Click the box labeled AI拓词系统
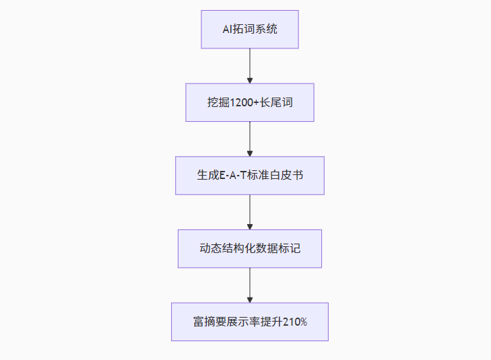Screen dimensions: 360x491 [x=250, y=29]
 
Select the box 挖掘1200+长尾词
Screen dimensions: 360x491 [x=250, y=102]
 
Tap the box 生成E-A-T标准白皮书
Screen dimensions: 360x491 [x=250, y=176]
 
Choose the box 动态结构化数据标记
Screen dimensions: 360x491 [x=250, y=248]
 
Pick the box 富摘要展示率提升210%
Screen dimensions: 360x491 [x=250, y=322]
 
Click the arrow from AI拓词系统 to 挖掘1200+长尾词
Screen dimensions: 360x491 [x=250, y=65]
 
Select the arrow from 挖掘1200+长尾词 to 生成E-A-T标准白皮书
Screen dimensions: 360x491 [x=250, y=139]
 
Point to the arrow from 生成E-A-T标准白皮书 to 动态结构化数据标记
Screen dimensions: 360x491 [x=250, y=211]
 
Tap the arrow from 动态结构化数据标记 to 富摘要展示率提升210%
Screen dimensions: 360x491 [x=250, y=285]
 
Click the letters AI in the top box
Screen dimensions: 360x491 [x=228, y=30]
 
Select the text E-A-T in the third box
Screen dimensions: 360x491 [x=234, y=176]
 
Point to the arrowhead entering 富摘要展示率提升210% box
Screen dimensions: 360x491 [x=250, y=299]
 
